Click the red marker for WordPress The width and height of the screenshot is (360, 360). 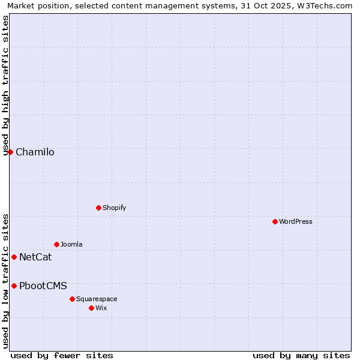pos(275,221)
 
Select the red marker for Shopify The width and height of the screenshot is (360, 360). pos(98,208)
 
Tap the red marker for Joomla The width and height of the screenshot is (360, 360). pos(56,244)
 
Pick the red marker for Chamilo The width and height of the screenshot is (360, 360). pos(10,152)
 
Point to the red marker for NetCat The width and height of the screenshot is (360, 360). pos(14,257)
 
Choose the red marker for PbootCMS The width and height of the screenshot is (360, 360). pos(14,286)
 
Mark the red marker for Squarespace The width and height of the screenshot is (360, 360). pos(72,299)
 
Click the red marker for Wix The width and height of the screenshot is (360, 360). pos(91,308)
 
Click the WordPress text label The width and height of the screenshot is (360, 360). pos(296,221)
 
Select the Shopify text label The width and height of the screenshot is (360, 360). pos(114,208)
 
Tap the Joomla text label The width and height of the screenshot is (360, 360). pos(71,244)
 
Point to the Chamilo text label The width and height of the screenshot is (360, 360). pos(35,152)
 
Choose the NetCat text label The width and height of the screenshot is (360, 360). pos(35,257)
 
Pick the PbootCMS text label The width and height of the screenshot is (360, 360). pos(43,286)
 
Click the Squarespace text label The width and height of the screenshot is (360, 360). pos(97,299)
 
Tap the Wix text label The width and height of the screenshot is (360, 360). pos(101,308)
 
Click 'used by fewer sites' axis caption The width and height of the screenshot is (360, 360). pos(62,355)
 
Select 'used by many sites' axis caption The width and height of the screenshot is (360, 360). pos(301,355)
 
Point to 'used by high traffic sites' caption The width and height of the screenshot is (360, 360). pos(6,86)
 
